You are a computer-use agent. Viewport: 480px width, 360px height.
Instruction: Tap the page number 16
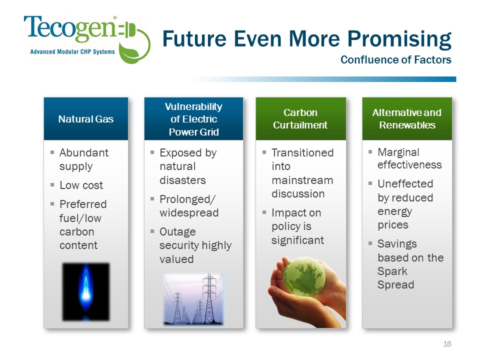[x=447, y=344]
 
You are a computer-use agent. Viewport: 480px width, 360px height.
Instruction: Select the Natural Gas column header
[x=86, y=119]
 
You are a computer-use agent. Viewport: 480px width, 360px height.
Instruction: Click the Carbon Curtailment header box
[x=300, y=119]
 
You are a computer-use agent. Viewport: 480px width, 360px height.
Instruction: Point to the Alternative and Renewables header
[x=407, y=119]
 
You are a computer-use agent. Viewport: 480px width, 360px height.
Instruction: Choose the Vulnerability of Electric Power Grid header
[x=193, y=119]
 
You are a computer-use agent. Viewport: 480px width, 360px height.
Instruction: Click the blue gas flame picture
[x=86, y=291]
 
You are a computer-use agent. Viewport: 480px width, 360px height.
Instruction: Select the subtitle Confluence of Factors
[x=396, y=59]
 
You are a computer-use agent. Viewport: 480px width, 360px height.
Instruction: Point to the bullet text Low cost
[x=81, y=185]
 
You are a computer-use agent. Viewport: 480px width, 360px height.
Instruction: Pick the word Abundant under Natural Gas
[x=84, y=152]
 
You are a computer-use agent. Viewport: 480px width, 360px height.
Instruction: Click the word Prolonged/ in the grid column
[x=187, y=199]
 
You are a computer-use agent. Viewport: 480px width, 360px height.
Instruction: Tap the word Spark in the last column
[x=392, y=271]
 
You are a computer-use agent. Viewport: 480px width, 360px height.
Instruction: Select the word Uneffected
[x=405, y=183]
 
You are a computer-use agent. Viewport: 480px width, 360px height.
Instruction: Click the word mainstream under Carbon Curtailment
[x=302, y=180]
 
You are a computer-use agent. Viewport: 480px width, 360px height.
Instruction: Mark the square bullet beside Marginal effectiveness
[x=370, y=151]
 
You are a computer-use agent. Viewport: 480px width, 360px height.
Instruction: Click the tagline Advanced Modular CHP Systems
[x=72, y=51]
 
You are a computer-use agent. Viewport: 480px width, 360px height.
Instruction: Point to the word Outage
[x=177, y=231]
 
